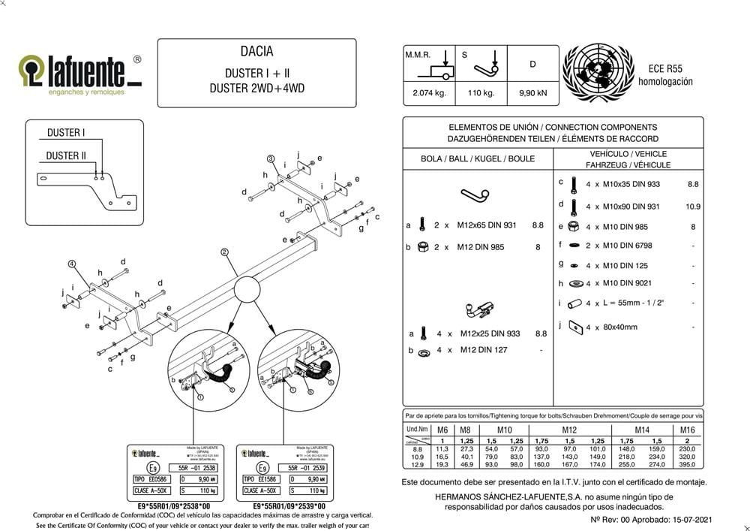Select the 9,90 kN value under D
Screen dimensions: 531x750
pos(532,94)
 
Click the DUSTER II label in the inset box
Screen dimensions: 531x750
pos(66,155)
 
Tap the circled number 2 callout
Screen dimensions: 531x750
pos(224,252)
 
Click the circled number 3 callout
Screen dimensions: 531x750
pos(270,158)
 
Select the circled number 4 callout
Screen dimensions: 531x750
pos(72,264)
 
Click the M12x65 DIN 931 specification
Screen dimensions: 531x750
pos(487,225)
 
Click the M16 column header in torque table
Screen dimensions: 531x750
pos(687,430)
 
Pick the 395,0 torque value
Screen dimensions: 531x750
pos(687,464)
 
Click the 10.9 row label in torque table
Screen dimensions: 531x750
pos(418,456)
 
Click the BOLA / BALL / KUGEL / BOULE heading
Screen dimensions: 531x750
pos(478,158)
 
